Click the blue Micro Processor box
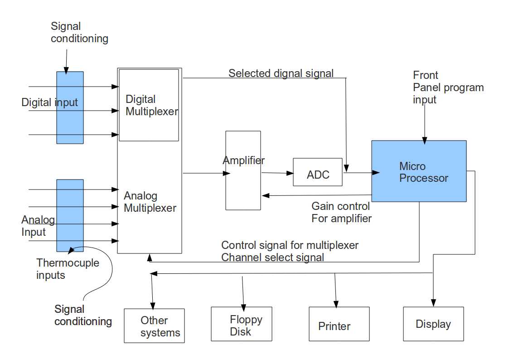point(419,171)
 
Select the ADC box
point(318,172)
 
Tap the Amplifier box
point(243,181)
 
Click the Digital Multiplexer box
point(149,105)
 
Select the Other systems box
point(154,326)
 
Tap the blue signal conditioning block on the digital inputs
point(70,107)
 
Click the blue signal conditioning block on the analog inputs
point(70,215)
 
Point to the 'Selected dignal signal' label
point(281,73)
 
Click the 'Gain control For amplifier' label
point(341,212)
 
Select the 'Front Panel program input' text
point(448,88)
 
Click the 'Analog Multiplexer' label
point(150,202)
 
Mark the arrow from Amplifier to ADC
point(277,173)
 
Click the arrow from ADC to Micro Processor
point(361,172)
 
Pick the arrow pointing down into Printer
point(335,290)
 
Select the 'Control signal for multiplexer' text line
point(290,245)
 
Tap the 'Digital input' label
point(49,102)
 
